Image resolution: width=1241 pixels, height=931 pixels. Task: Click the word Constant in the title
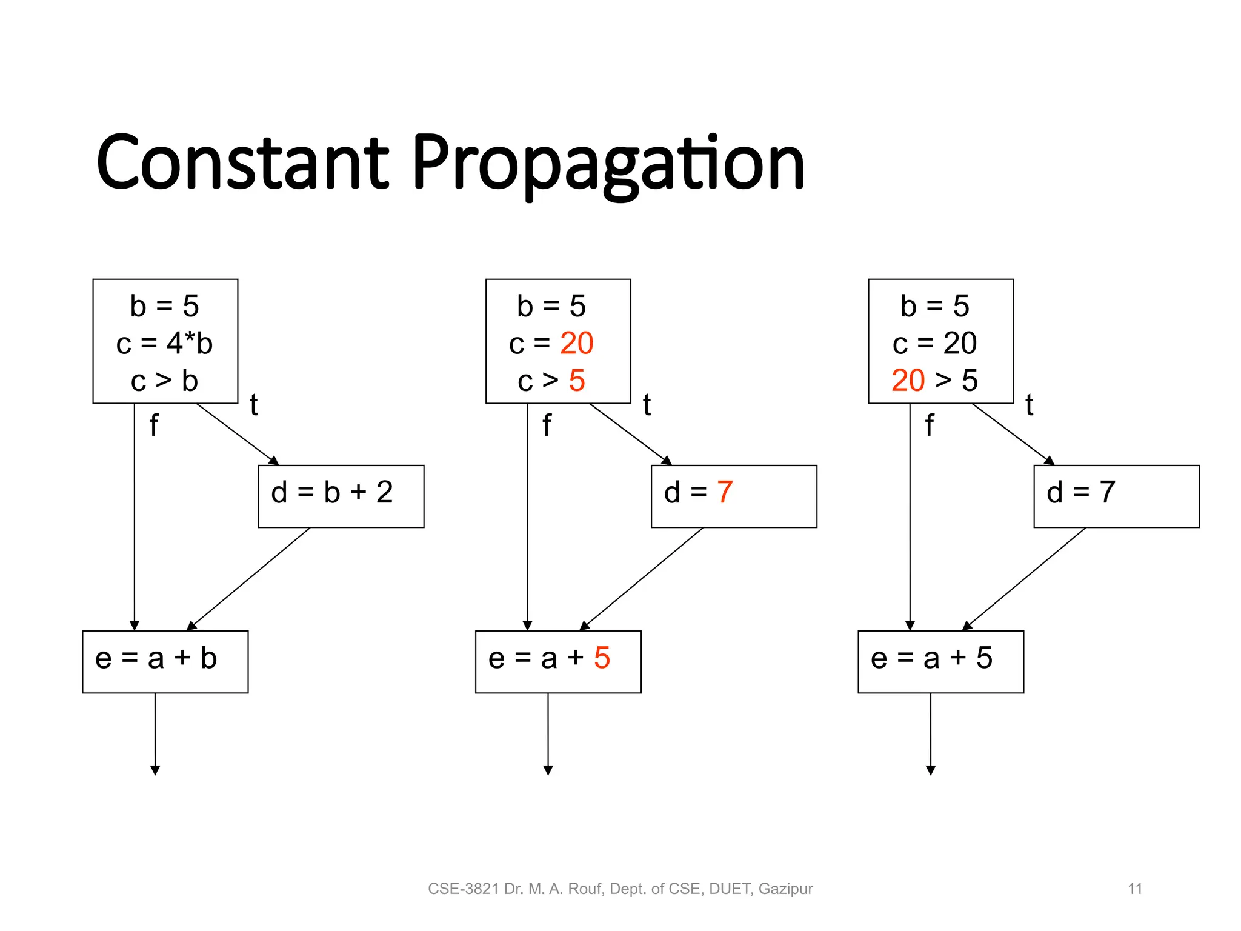tap(242, 162)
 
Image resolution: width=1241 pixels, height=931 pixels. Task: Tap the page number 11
tap(1134, 889)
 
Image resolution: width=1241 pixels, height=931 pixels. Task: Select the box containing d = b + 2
tap(341, 496)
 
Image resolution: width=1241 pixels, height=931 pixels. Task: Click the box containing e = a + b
tap(165, 661)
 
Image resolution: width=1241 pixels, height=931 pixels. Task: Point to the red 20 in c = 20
tap(576, 343)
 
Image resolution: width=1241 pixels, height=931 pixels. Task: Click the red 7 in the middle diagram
tap(725, 492)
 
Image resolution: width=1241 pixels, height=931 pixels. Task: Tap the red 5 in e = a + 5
tap(602, 658)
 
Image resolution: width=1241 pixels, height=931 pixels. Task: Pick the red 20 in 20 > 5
tap(908, 381)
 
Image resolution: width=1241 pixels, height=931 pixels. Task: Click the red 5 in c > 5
tap(577, 381)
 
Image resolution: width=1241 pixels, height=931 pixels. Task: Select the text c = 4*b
tap(164, 343)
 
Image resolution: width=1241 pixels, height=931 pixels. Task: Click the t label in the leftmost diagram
tap(254, 405)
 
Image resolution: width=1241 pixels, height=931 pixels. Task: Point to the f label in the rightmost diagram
tap(929, 425)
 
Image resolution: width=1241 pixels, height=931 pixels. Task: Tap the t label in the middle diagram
tap(647, 405)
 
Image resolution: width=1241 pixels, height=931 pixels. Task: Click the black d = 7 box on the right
tap(1116, 496)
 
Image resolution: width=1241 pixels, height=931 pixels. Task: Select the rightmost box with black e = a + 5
tap(940, 661)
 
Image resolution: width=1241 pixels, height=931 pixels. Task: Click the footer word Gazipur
tap(785, 889)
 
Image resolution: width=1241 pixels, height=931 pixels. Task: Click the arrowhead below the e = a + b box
tap(155, 770)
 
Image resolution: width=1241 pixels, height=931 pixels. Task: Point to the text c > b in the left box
tap(164, 381)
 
